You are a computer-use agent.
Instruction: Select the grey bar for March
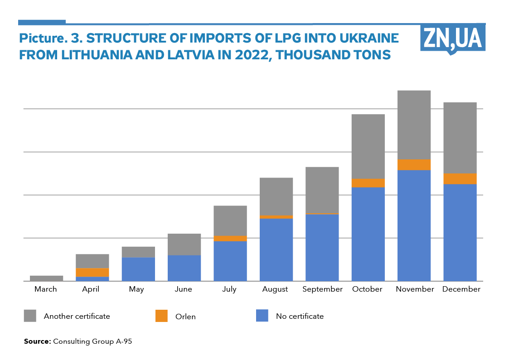coord(46,278)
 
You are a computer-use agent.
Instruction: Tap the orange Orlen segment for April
coord(92,272)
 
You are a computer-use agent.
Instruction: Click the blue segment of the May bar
coord(138,269)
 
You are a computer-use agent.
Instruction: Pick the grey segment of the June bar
coord(184,244)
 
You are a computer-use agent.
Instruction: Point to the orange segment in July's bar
coord(230,238)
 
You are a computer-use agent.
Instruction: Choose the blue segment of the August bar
coord(276,250)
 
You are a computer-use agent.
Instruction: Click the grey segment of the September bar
coord(322,190)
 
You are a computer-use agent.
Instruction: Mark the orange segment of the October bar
coord(368,183)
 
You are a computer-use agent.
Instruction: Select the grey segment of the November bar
coord(414,125)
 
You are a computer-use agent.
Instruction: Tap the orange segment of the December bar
coord(460,179)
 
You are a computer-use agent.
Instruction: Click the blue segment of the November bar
coord(414,225)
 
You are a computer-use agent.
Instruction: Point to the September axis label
coord(322,289)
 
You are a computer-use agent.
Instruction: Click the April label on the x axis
coord(91,289)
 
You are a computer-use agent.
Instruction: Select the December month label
coord(461,289)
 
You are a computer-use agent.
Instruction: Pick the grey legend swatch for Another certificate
coord(30,316)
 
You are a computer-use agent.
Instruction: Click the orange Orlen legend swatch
coord(161,316)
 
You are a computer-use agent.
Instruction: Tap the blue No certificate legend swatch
coord(262,316)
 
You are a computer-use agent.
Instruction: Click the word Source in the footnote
coord(37,341)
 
